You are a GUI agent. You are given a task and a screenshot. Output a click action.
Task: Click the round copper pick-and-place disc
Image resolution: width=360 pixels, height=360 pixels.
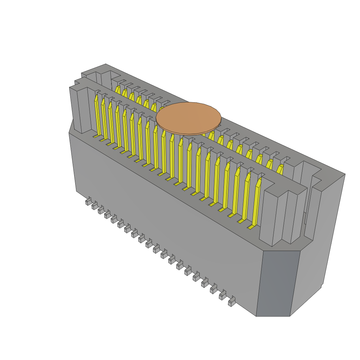189,118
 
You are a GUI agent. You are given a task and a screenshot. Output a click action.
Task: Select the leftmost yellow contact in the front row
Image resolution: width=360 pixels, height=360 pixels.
97,116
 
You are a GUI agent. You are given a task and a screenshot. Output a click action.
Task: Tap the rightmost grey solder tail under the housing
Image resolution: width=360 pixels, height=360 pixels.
231,302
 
